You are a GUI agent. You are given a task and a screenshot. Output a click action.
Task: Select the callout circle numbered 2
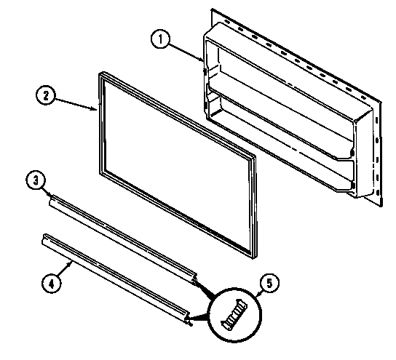45,95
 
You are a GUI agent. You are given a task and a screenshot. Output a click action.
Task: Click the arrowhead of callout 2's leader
98,110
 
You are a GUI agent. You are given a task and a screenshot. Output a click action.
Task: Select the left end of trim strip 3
51,203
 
